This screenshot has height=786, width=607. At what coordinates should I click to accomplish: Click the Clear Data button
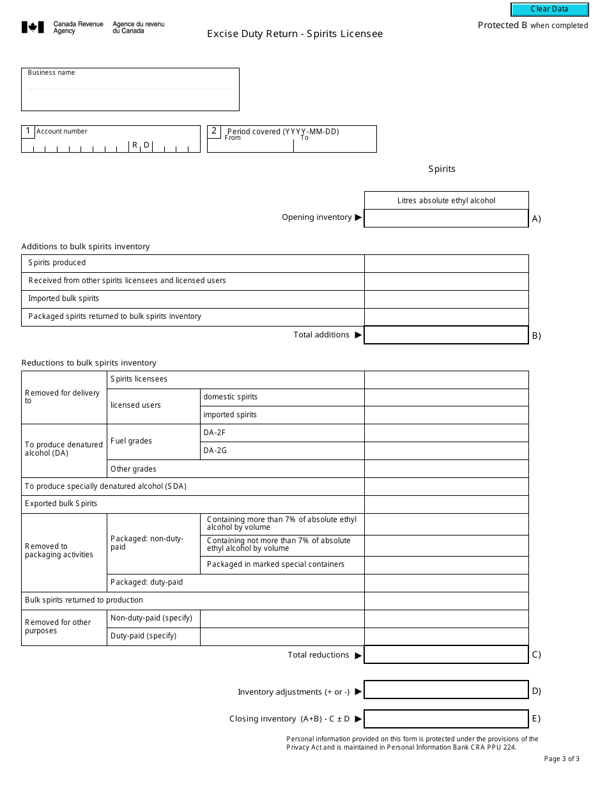tap(549, 9)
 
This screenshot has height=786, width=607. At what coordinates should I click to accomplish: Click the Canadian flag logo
tap(33, 27)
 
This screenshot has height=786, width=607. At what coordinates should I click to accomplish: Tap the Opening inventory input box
tap(446, 219)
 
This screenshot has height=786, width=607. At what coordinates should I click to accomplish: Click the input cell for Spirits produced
tap(446, 263)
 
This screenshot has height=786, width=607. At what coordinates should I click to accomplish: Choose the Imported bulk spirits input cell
tap(446, 299)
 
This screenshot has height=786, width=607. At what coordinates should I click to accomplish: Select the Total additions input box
tap(446, 335)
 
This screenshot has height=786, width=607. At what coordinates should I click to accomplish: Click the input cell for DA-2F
tap(446, 433)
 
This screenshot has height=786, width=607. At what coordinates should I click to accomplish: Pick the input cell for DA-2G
tap(446, 451)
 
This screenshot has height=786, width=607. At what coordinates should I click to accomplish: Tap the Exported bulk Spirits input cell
tap(446, 504)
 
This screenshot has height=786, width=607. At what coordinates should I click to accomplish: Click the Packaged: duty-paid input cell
tap(446, 583)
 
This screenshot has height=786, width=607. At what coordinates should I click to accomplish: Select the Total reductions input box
tap(446, 654)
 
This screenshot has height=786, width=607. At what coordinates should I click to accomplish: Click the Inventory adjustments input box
tap(446, 690)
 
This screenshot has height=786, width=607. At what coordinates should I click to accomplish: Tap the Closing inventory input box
tap(446, 718)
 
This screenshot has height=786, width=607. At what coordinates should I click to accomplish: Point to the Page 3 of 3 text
tap(562, 759)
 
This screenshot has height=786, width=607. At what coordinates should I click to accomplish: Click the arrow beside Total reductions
tap(358, 655)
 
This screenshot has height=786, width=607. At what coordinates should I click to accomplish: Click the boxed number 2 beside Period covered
tap(214, 131)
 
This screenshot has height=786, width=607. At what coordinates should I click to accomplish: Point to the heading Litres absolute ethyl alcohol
tap(446, 201)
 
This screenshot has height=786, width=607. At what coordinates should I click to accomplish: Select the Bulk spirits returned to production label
tap(84, 600)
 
